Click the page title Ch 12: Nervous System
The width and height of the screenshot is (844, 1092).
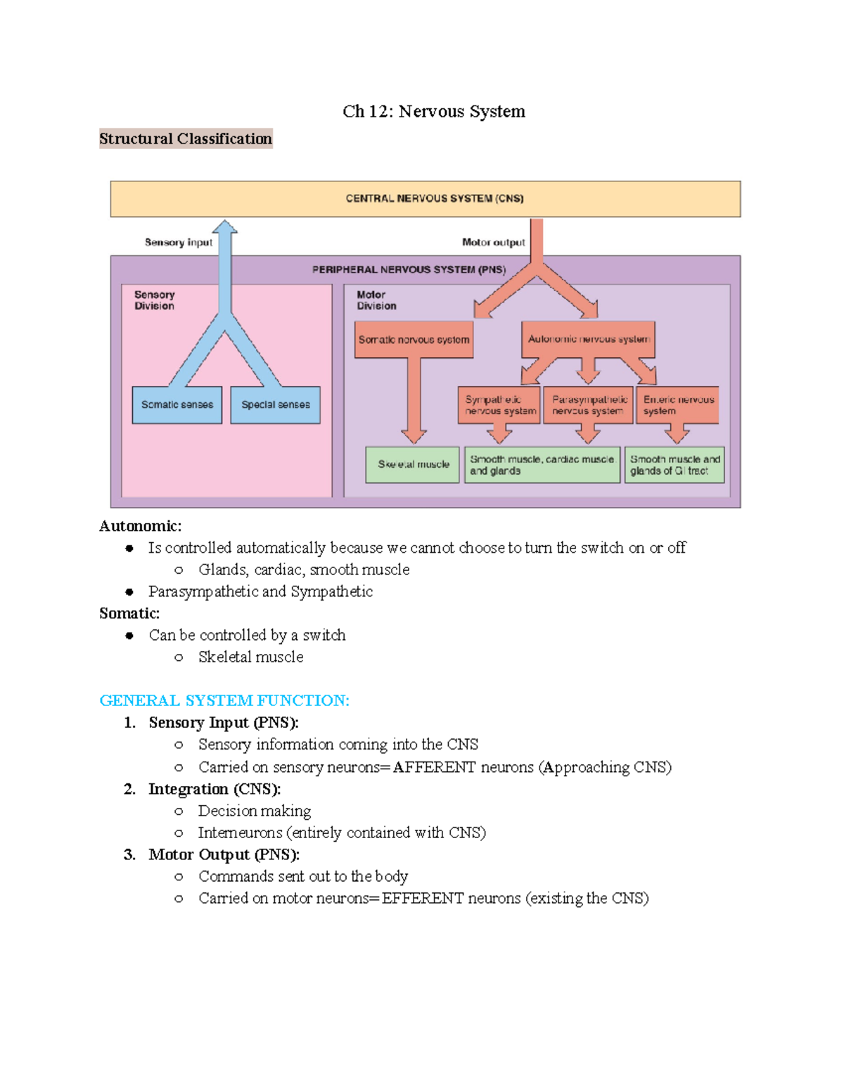coord(433,112)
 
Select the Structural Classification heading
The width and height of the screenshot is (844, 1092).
coord(186,139)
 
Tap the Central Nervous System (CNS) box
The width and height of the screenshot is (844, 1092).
coord(425,199)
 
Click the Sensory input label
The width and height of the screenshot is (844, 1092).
coord(178,243)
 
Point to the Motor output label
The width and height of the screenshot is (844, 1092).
coord(493,243)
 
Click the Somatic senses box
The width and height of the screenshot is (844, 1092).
coord(177,405)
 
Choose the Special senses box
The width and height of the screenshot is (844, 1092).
coord(275,405)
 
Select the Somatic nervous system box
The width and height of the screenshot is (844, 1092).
coord(414,340)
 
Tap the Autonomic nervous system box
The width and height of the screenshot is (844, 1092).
coord(588,339)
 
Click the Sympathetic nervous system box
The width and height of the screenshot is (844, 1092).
coord(499,405)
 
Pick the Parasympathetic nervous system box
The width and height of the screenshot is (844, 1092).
coord(589,405)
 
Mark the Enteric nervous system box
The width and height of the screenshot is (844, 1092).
coord(678,405)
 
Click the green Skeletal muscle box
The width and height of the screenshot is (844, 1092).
coord(413,465)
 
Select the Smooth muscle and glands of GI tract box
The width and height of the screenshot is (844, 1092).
coord(674,465)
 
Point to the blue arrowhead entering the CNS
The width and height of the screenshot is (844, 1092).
coord(225,227)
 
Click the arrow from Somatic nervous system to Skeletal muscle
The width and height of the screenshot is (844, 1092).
coord(414,401)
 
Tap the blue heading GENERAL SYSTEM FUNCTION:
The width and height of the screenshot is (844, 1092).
coord(224,700)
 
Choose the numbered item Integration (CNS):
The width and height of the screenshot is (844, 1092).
coord(215,789)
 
